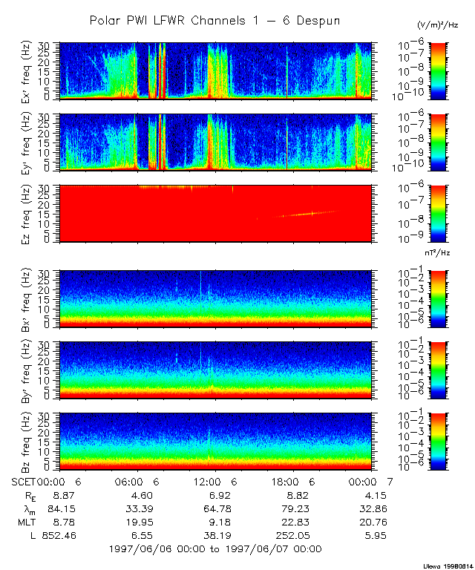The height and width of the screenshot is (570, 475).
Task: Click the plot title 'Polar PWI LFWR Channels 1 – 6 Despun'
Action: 214,21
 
